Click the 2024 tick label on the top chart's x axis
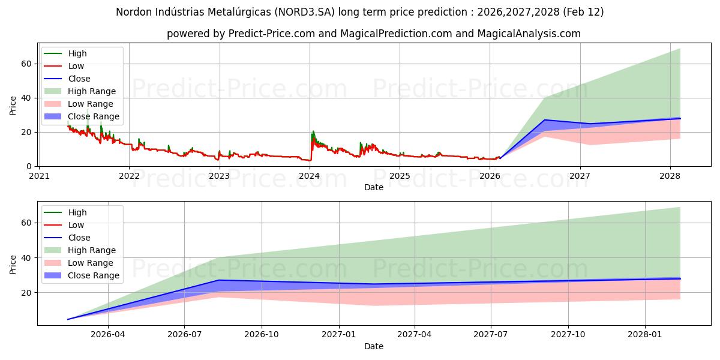pyautogui.click(x=309, y=176)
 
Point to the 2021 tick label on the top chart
pyautogui.click(x=39, y=176)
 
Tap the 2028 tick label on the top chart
pyautogui.click(x=670, y=176)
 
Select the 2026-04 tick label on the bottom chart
pyautogui.click(x=107, y=335)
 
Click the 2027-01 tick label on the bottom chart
pyautogui.click(x=340, y=335)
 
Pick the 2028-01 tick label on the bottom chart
pyautogui.click(x=645, y=335)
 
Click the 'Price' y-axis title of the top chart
pyautogui.click(x=13, y=105)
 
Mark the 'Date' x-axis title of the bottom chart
pyautogui.click(x=373, y=346)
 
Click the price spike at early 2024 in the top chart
pyautogui.click(x=313, y=132)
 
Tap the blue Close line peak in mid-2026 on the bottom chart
pyautogui.click(x=219, y=280)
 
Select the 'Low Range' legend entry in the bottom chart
pyautogui.click(x=91, y=263)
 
